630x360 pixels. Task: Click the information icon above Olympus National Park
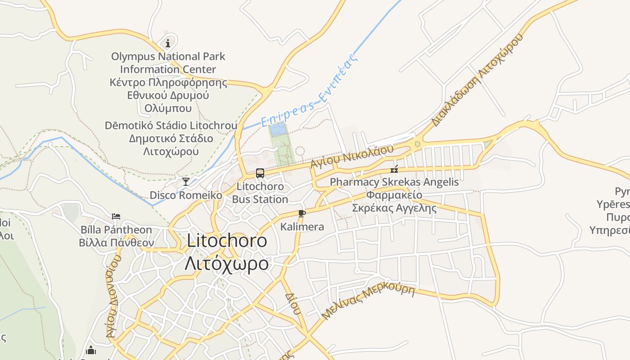click(168, 43)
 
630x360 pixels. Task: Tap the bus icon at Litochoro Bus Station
click(260, 173)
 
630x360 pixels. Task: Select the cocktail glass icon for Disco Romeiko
click(185, 181)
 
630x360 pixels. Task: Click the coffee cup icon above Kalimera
click(301, 213)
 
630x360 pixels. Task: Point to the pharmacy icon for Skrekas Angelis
click(394, 169)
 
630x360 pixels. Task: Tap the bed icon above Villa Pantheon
click(116, 216)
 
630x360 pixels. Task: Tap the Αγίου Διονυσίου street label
click(114, 297)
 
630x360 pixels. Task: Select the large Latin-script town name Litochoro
click(227, 241)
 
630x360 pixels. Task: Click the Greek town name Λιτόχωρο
click(227, 263)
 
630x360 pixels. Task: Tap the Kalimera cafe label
click(302, 227)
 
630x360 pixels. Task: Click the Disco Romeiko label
click(186, 195)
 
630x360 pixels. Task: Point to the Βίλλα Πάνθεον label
click(117, 243)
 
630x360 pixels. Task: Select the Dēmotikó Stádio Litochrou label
click(171, 125)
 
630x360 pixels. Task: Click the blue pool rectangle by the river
click(278, 130)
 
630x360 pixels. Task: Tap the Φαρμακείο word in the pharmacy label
click(394, 195)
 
